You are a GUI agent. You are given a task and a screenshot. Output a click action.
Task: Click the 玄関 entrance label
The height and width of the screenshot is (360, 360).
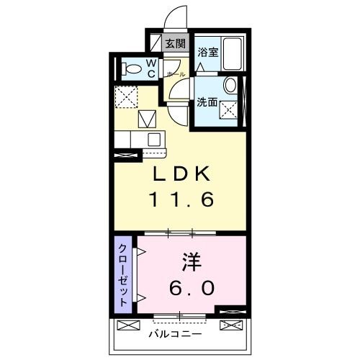(175, 44)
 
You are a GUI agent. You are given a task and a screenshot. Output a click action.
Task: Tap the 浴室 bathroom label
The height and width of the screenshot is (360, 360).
(208, 52)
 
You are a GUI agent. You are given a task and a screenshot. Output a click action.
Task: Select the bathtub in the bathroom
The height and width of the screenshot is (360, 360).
(233, 54)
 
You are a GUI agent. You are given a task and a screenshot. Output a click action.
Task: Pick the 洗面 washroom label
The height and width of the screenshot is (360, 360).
(207, 103)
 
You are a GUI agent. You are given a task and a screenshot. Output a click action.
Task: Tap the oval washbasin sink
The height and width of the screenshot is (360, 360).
(230, 86)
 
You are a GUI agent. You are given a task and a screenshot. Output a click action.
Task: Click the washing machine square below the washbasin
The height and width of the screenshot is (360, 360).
(230, 110)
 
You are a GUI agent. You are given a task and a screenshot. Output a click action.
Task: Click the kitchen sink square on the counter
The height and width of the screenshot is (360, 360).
(153, 138)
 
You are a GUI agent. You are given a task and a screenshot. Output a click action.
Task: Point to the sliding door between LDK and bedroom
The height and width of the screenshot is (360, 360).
(180, 233)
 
